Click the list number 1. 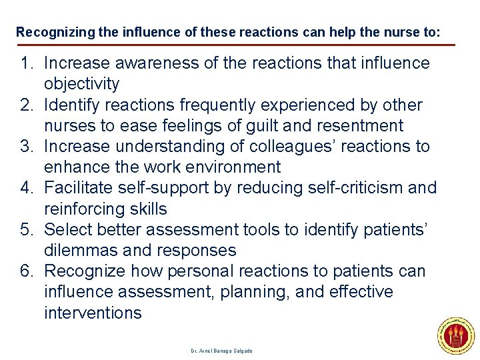tap(27, 63)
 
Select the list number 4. tap(27, 188)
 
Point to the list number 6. tap(27, 271)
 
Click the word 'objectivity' tap(82, 84)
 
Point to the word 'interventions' tap(93, 313)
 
